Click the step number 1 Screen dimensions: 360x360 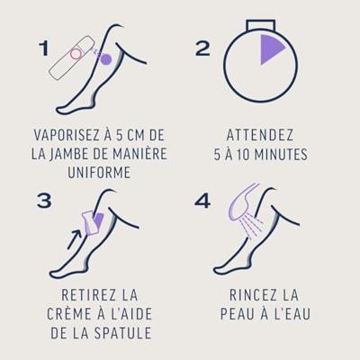point(44,49)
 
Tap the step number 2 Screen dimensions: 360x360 point(202,49)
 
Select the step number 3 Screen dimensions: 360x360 point(44,201)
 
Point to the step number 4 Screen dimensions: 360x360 point(202,201)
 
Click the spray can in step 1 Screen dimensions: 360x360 point(71,58)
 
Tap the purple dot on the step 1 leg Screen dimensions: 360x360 point(105,58)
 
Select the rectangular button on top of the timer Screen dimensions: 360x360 point(260,25)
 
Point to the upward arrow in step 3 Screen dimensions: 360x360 point(74,239)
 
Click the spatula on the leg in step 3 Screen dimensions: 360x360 point(89,222)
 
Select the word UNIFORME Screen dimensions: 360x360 point(99,173)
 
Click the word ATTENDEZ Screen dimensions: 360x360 point(260,135)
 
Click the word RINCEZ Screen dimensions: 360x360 point(252,295)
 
